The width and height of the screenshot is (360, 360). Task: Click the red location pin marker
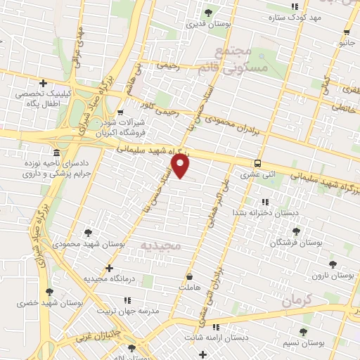(x=181, y=166)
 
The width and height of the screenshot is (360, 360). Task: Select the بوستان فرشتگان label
(x=295, y=243)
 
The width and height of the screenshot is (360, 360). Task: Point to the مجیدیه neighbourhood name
(x=161, y=246)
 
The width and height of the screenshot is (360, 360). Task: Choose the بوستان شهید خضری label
(x=51, y=303)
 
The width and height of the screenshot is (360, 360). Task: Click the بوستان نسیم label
(x=304, y=342)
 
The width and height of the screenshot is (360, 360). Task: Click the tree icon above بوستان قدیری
(x=207, y=13)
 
